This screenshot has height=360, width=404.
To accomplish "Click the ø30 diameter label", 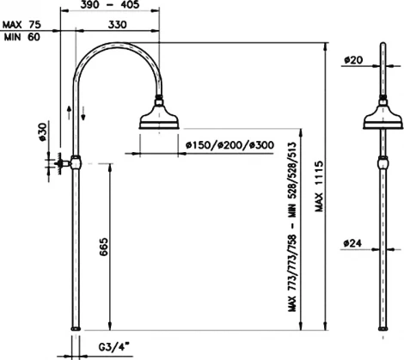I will [40, 131].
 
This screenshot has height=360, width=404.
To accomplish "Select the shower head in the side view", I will [381, 118].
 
